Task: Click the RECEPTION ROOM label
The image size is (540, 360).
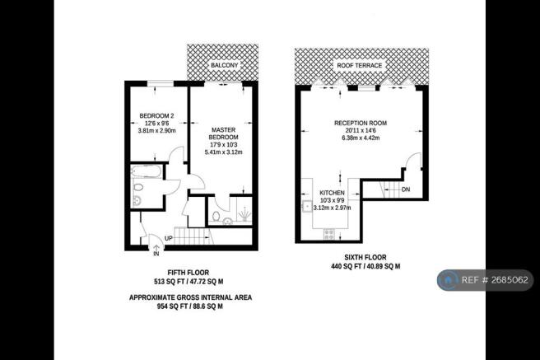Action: coord(360,123)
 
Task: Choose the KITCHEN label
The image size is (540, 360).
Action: coord(332,191)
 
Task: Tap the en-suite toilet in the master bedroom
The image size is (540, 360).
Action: coord(214,216)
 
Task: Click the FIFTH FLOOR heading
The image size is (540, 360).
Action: coord(187,273)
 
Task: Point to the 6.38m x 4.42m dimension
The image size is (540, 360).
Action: coord(360,139)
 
